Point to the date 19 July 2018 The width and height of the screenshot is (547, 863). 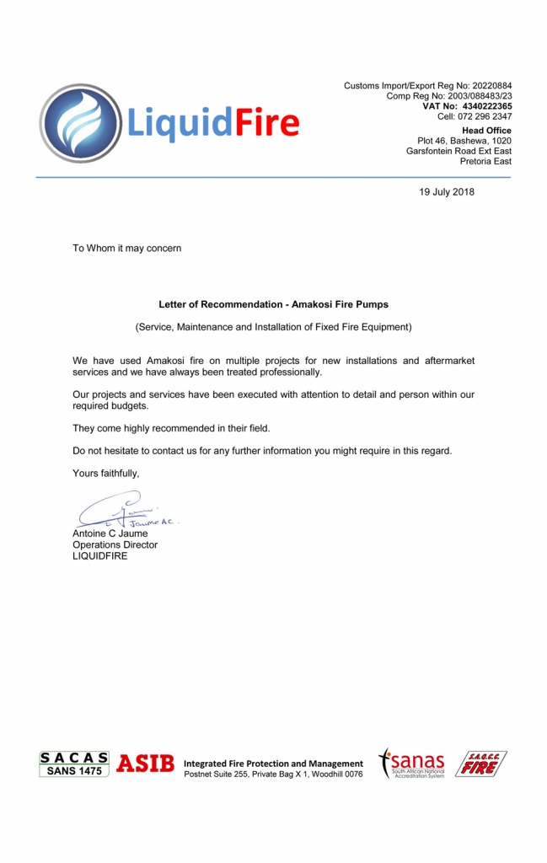[447, 192]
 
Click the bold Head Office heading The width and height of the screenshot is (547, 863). [486, 131]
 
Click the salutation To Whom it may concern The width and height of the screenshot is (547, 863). [126, 249]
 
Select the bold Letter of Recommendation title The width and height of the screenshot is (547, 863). [273, 304]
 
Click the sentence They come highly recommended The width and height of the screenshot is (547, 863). [171, 428]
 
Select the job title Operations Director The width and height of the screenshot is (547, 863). [115, 544]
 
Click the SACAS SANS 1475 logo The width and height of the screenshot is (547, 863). [74, 764]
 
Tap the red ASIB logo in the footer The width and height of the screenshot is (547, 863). [145, 764]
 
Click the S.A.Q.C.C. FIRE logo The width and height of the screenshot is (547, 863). [481, 764]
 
